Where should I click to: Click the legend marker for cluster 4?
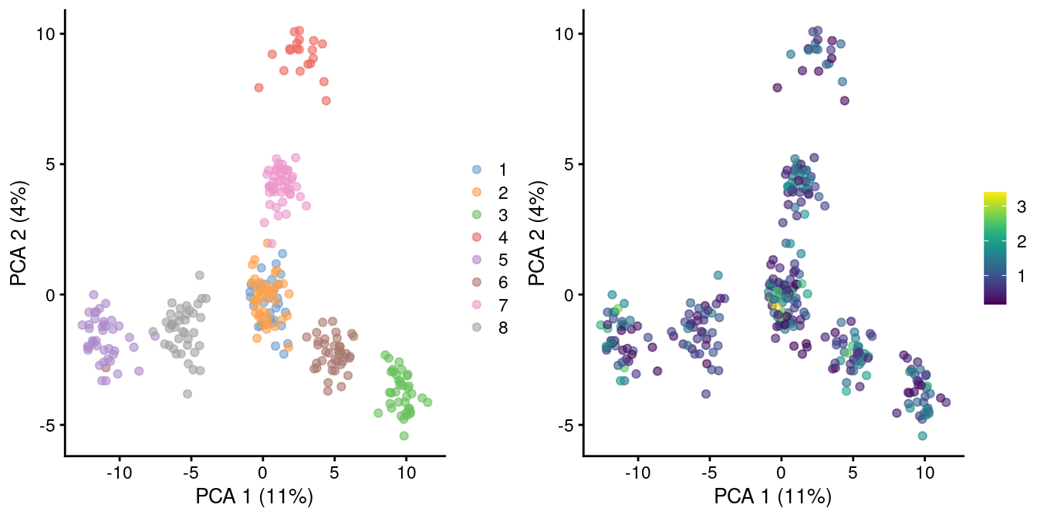pyautogui.click(x=477, y=237)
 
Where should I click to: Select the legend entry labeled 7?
pyautogui.click(x=502, y=305)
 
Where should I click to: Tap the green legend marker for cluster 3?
pyautogui.click(x=477, y=214)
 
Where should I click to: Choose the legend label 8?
pyautogui.click(x=502, y=328)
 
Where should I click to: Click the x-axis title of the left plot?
pyautogui.click(x=255, y=497)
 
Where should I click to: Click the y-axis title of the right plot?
pyautogui.click(x=538, y=231)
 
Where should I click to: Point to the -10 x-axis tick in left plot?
pyautogui.click(x=119, y=470)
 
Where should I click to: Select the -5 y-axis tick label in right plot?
pyautogui.click(x=565, y=425)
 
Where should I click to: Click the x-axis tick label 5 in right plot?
pyautogui.click(x=853, y=470)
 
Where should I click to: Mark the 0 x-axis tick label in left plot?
pyautogui.click(x=262, y=470)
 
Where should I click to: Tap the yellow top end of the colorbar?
pyautogui.click(x=995, y=196)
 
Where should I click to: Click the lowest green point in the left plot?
pyautogui.click(x=404, y=436)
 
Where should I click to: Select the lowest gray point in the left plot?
pyautogui.click(x=187, y=394)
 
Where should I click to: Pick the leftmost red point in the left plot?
pyautogui.click(x=258, y=88)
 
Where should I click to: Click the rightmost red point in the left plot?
pyautogui.click(x=326, y=100)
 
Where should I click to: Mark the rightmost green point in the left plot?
pyautogui.click(x=427, y=402)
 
